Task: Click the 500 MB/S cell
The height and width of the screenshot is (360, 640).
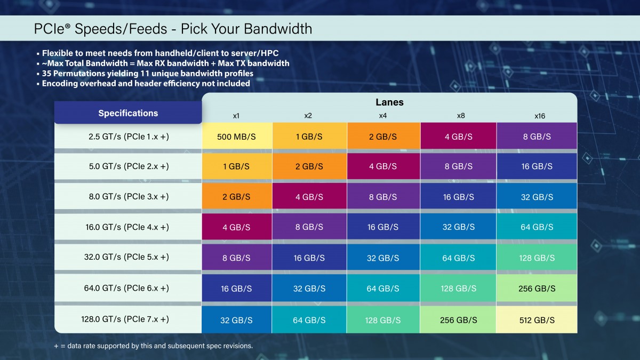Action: pyautogui.click(x=236, y=137)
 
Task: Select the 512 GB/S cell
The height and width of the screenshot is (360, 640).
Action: pyautogui.click(x=537, y=320)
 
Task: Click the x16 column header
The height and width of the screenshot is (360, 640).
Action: pyautogui.click(x=540, y=116)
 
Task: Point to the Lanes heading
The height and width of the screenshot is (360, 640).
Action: pyautogui.click(x=389, y=102)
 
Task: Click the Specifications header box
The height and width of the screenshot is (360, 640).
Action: pyautogui.click(x=128, y=113)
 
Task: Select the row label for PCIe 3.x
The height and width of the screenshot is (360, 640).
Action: pyautogui.click(x=129, y=197)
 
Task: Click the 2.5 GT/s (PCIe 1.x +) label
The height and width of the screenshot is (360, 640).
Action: pyautogui.click(x=129, y=137)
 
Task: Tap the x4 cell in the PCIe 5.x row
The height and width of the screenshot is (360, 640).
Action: pyautogui.click(x=383, y=258)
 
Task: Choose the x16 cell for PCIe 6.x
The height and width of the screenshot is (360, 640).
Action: pyautogui.click(x=537, y=289)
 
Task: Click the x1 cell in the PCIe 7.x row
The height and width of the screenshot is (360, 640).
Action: pyautogui.click(x=236, y=320)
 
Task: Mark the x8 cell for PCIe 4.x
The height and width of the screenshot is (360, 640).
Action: pyautogui.click(x=458, y=227)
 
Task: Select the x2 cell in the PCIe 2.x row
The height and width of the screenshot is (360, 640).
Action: pyautogui.click(x=309, y=166)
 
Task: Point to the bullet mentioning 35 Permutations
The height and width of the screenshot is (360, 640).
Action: pyautogui.click(x=147, y=74)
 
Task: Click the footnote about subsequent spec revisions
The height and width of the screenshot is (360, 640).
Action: pyautogui.click(x=153, y=346)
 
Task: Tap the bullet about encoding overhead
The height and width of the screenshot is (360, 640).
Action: pyautogui.click(x=146, y=83)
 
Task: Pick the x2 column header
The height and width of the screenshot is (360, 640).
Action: pyautogui.click(x=308, y=116)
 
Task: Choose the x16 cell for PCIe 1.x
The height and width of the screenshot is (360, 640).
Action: pyautogui.click(x=537, y=137)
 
